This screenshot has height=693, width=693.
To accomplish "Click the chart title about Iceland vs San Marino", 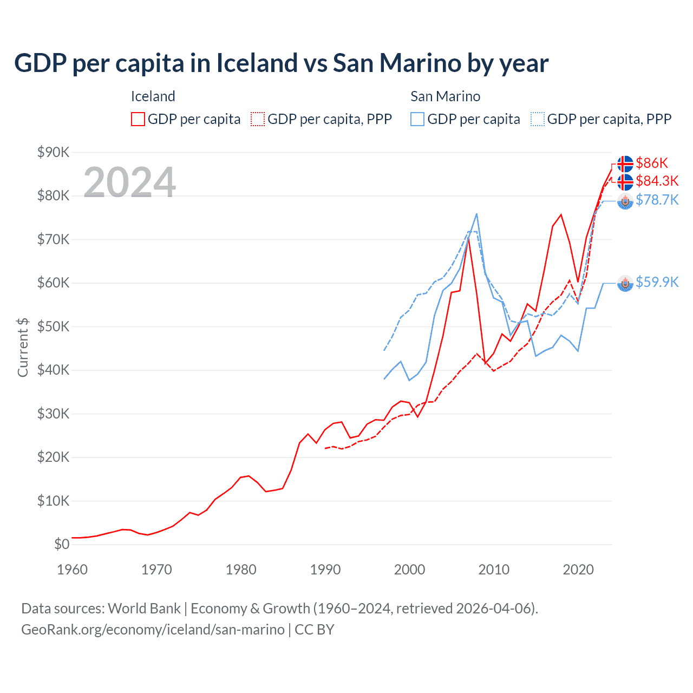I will click(x=281, y=63).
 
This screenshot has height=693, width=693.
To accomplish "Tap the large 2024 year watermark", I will click(x=129, y=182).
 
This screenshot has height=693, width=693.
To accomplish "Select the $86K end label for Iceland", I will click(x=652, y=163).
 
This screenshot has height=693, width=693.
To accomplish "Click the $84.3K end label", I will click(x=657, y=181).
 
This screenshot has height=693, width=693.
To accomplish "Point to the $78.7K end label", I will click(x=657, y=200).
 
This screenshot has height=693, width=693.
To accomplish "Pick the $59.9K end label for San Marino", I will click(x=657, y=282).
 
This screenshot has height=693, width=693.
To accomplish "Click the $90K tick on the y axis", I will click(x=53, y=152).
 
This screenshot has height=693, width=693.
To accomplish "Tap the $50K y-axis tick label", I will click(x=53, y=326).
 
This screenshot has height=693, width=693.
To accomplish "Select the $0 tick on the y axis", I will click(x=62, y=544).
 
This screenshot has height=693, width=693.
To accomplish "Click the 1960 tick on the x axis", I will click(x=72, y=570).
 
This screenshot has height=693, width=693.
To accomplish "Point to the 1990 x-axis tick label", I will click(x=325, y=570).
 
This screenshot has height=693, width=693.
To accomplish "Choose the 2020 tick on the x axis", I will click(x=578, y=570).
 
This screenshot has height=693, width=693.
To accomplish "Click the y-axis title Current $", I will click(x=23, y=347).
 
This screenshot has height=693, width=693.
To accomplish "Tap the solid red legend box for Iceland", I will click(x=138, y=119).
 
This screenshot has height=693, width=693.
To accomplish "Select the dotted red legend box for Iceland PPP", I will click(x=258, y=119).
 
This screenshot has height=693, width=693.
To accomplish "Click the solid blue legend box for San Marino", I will click(x=417, y=119).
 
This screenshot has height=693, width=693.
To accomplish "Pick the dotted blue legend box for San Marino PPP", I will click(x=538, y=119).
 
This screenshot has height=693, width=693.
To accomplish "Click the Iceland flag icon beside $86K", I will click(x=625, y=164).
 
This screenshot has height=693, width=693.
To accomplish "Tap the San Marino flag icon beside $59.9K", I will click(x=625, y=283).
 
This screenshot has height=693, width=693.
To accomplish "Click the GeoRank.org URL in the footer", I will click(x=153, y=630).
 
